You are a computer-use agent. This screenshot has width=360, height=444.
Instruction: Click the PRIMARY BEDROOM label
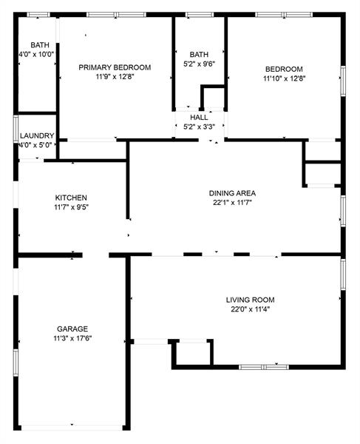(x=115, y=67)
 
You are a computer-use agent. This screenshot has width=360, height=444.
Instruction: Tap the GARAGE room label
(x=72, y=329)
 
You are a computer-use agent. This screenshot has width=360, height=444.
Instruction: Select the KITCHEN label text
(x=71, y=198)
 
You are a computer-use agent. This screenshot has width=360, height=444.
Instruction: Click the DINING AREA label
(x=232, y=192)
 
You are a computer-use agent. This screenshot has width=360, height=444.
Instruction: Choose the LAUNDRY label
(x=35, y=136)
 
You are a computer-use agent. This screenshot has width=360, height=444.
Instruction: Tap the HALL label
(x=199, y=118)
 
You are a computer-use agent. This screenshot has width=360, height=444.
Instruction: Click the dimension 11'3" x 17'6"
(x=72, y=338)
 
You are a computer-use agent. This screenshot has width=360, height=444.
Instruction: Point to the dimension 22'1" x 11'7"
(x=232, y=202)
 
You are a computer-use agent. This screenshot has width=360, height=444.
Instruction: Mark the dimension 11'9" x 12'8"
(x=115, y=77)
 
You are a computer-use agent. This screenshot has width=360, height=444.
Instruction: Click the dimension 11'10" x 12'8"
(x=284, y=78)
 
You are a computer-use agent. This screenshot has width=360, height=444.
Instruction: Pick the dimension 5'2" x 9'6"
(x=199, y=64)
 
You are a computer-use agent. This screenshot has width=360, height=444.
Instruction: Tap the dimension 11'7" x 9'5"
(x=71, y=207)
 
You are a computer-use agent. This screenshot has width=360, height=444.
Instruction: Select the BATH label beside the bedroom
(x=199, y=55)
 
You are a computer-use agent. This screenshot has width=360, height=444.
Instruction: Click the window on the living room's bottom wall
(x=263, y=366)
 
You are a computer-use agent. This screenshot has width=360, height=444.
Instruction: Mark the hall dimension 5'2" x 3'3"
(x=199, y=127)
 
